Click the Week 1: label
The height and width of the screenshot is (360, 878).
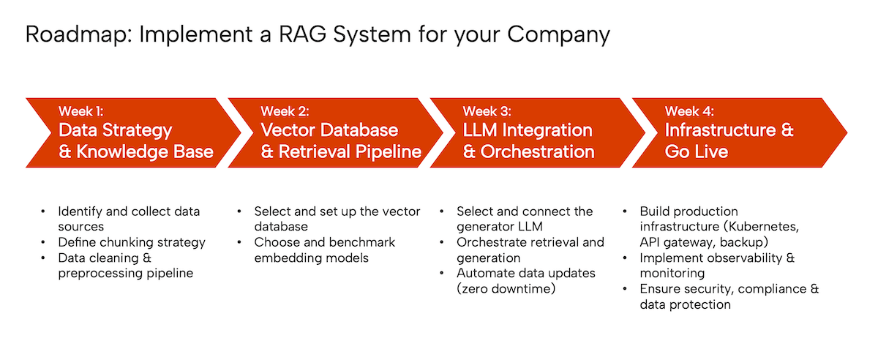(80, 111)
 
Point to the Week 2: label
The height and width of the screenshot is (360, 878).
(284, 111)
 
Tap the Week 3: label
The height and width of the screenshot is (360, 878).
(487, 111)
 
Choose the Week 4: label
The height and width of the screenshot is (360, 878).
(689, 111)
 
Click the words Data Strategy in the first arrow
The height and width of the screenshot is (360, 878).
(115, 131)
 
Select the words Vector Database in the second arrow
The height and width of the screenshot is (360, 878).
(329, 131)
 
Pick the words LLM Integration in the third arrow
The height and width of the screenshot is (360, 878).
(528, 131)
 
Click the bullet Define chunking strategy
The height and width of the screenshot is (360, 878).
(132, 242)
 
